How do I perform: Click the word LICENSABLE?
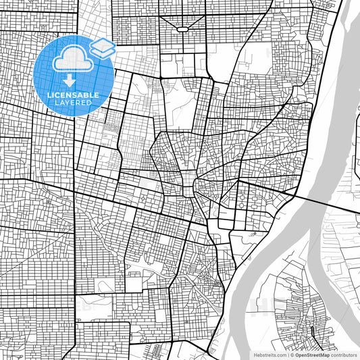click(74, 95)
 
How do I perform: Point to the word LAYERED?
click(74, 103)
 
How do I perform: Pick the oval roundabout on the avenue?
click(182, 29)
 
